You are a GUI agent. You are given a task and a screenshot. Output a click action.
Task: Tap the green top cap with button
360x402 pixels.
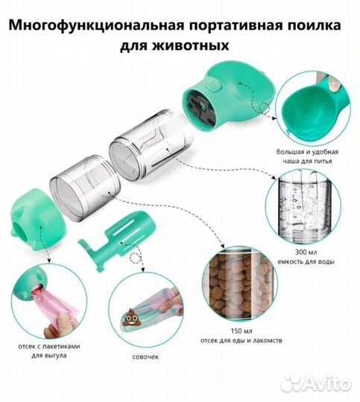click(x=224, y=104)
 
